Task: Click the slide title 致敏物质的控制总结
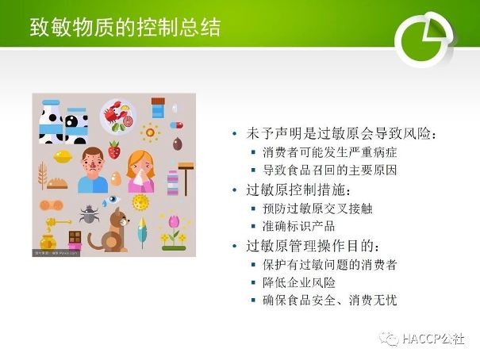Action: tap(125, 28)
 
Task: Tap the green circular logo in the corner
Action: tap(424, 40)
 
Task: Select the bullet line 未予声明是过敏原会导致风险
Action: tap(341, 134)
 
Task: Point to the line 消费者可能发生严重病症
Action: tap(330, 152)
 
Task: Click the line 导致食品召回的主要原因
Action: tap(330, 170)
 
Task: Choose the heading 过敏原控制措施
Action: tap(298, 190)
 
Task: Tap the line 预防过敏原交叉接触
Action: tap(317, 209)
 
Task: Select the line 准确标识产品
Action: tap(298, 226)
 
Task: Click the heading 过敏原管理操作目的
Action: tap(313, 246)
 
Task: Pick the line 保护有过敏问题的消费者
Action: tap(330, 265)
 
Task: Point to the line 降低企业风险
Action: tap(299, 282)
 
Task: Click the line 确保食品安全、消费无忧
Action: tap(330, 301)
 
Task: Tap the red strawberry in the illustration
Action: tap(114, 150)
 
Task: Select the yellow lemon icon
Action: tap(63, 156)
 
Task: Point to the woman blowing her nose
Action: tap(140, 171)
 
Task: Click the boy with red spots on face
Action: tap(93, 170)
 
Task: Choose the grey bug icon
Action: tap(89, 213)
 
